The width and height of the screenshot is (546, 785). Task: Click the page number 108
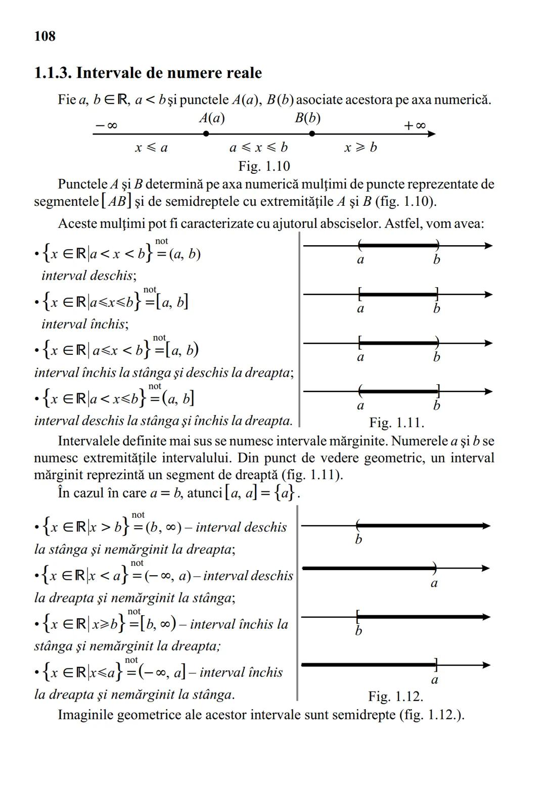pos(45,36)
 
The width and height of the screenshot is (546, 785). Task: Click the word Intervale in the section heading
pos(107,73)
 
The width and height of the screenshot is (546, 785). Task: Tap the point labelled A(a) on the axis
pos(206,134)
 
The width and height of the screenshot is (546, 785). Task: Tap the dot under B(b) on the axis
pos(312,134)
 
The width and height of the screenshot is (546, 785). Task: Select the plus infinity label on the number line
pos(415,125)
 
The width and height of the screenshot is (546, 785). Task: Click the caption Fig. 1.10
pos(264,166)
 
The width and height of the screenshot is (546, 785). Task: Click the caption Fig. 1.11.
pos(396,422)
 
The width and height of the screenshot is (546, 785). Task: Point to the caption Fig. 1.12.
pos(395,696)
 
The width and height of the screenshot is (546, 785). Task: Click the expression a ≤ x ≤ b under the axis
pos(258,148)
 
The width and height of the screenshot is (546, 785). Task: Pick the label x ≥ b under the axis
pos(360,148)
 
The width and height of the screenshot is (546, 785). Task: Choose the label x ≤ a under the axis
pos(151,148)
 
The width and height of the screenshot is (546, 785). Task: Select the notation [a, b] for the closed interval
pos(172,302)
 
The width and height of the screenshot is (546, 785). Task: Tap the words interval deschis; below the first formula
pos(89,275)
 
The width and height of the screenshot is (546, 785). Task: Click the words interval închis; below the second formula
pos(85,324)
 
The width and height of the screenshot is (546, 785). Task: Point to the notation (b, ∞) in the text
pos(163,527)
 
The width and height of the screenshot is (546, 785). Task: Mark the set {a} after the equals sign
pos(285,493)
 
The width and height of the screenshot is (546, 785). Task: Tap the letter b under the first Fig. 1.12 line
pos(358,540)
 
